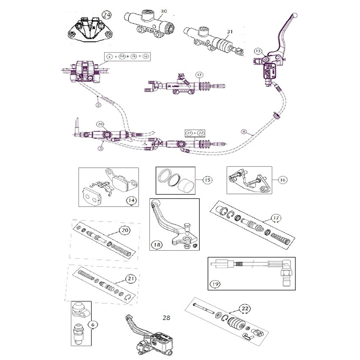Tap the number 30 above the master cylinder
click(163, 11)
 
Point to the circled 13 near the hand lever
click(258, 51)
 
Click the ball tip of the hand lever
click(296, 15)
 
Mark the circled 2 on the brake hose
click(98, 105)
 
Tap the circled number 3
click(101, 148)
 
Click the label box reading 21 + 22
click(195, 133)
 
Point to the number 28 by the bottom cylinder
click(166, 318)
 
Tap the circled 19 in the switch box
click(214, 284)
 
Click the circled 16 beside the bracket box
click(283, 180)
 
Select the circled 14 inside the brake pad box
click(131, 200)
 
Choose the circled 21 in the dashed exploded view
click(130, 279)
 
